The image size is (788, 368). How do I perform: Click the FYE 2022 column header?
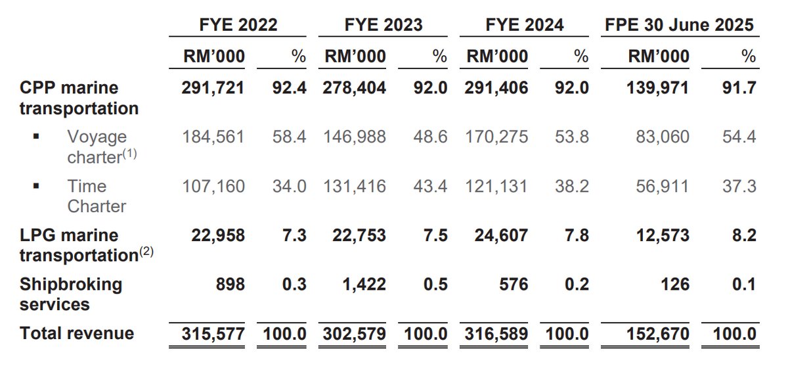tap(238, 25)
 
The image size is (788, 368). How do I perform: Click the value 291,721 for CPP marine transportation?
tap(213, 88)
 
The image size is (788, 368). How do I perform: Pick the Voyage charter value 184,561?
tap(213, 137)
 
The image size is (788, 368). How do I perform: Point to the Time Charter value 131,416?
tap(355, 187)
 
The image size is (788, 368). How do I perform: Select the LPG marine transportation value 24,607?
tap(496, 235)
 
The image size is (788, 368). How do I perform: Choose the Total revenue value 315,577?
tap(213, 333)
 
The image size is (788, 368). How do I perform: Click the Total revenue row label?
tap(77, 333)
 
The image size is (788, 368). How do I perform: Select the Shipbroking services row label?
tap(71, 294)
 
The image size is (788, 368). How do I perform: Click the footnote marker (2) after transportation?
tap(146, 252)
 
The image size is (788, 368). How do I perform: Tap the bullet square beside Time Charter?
tap(37, 187)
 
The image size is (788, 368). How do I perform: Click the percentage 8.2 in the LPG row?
tap(744, 235)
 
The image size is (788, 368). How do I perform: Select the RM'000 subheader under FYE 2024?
tap(497, 57)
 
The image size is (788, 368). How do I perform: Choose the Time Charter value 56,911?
tap(663, 187)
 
